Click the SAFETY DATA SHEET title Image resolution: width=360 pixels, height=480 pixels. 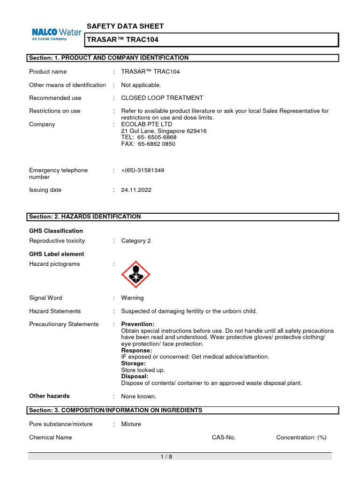click(x=125, y=26)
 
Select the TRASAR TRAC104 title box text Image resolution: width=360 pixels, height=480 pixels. click(x=122, y=40)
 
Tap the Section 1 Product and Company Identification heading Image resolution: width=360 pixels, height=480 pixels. click(x=109, y=58)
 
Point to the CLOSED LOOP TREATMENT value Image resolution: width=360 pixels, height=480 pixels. click(x=162, y=98)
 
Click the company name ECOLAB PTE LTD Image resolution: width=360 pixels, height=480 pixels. click(x=147, y=124)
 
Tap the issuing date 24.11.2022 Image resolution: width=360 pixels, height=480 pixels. click(x=136, y=190)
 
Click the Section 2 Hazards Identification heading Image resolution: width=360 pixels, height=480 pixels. click(x=85, y=217)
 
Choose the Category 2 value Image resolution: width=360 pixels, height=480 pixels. click(x=136, y=240)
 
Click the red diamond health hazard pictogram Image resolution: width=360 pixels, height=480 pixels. click(x=136, y=274)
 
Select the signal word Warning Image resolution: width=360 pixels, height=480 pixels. click(x=132, y=298)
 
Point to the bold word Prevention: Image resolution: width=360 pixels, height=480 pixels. click(x=138, y=324)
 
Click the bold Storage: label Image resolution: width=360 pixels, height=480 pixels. click(x=133, y=363)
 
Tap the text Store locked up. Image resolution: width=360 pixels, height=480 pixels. click(x=143, y=370)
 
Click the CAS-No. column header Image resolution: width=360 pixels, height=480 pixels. click(x=224, y=437)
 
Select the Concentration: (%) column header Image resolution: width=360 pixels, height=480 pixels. click(x=301, y=437)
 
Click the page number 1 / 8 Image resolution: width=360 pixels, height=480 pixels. click(x=166, y=457)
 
